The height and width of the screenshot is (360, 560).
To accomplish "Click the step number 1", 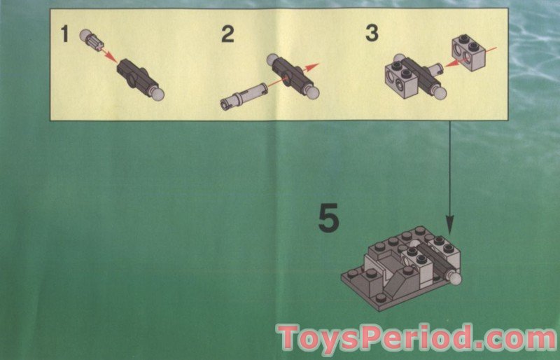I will (64, 33).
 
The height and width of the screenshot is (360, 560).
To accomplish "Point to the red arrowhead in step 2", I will (315, 66).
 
